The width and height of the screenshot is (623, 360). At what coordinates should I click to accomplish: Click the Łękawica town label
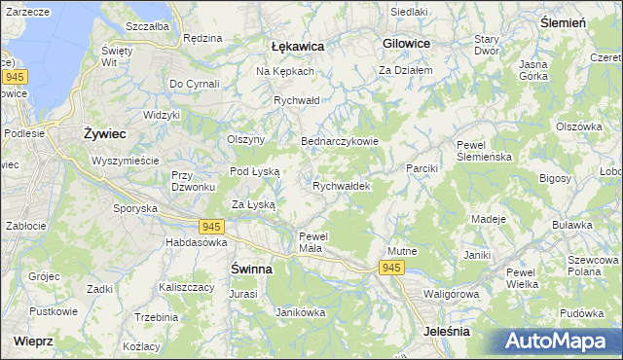coord(297,46)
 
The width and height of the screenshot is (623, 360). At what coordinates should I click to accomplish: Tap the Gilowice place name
coord(407,44)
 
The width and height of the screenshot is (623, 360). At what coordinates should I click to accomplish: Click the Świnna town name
coord(250,268)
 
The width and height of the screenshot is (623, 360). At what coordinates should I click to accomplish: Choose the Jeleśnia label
coord(448,332)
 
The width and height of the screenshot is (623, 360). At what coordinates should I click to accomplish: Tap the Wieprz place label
coord(34,342)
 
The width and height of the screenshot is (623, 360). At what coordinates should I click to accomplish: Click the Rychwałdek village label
coord(341,186)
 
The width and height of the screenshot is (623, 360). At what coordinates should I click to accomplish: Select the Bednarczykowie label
coord(339,141)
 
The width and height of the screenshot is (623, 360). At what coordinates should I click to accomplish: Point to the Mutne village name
coord(402,251)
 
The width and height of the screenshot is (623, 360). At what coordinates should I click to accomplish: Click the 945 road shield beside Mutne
coord(391,268)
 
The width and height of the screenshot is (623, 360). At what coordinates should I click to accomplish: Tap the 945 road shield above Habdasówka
coord(214,227)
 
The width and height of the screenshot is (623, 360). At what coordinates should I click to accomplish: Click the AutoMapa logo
coord(561,341)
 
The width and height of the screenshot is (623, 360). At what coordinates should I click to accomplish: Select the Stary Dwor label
coord(487,45)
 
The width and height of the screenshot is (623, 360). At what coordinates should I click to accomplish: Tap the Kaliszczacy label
coord(187,288)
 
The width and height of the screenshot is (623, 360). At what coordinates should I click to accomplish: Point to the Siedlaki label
coord(409,12)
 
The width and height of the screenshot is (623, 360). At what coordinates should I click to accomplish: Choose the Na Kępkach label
coord(284,72)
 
